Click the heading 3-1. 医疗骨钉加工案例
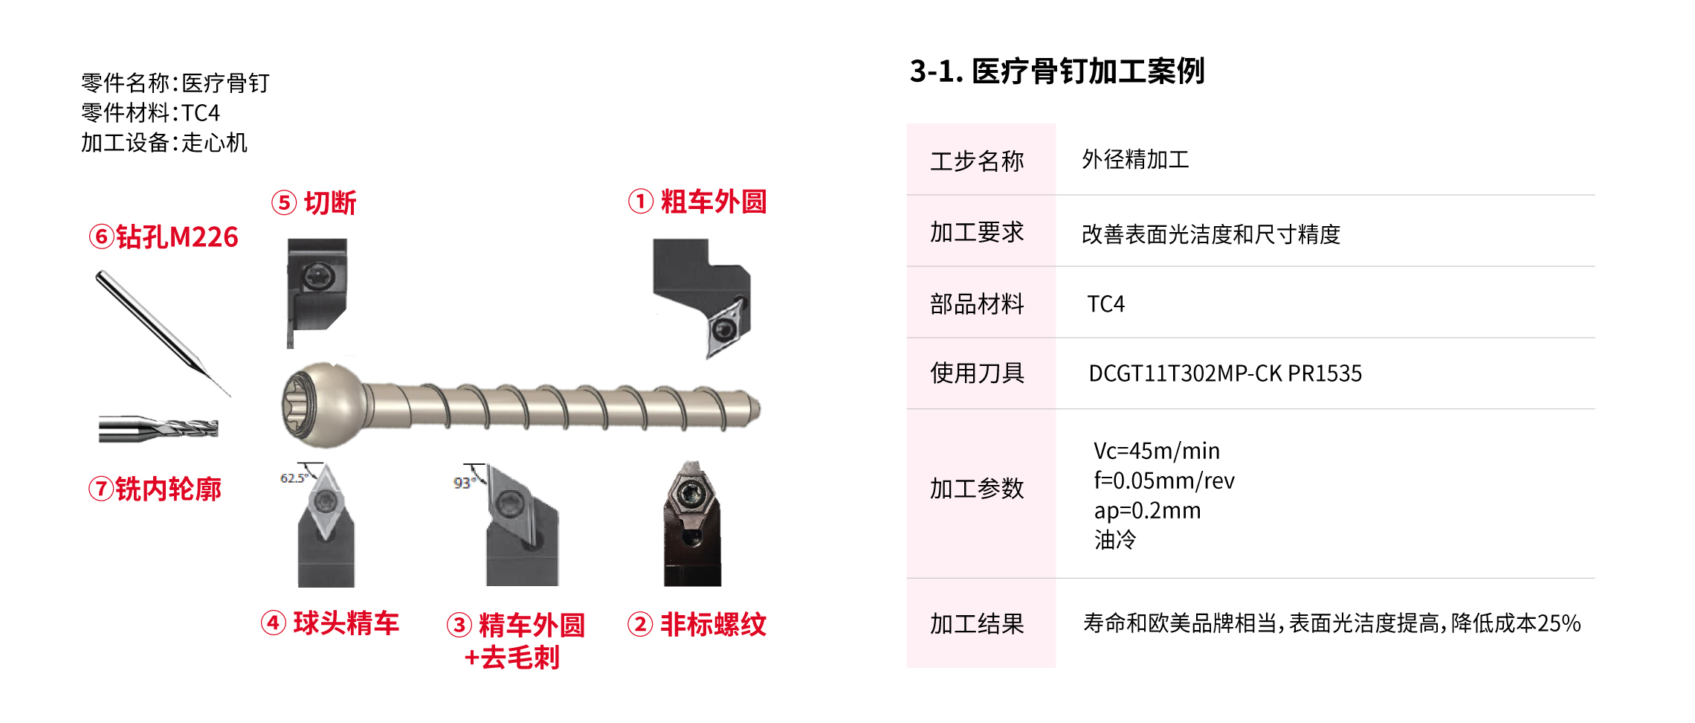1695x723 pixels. (1056, 71)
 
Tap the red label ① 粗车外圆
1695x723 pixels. (697, 202)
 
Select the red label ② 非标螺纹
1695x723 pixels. (697, 624)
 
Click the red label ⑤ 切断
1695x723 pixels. (314, 202)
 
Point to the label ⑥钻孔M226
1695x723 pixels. (164, 237)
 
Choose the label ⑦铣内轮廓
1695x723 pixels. (155, 489)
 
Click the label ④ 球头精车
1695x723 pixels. (330, 623)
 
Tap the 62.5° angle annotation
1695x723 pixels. (294, 478)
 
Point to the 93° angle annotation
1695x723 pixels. (464, 483)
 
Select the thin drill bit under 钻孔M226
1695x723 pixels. (162, 332)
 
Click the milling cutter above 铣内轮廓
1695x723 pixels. (158, 428)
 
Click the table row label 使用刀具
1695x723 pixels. (977, 373)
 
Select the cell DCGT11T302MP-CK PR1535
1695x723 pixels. (1225, 373)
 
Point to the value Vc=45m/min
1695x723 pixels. (1157, 451)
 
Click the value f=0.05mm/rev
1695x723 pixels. (1164, 481)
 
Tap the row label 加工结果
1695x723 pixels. (977, 623)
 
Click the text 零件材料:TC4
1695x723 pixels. (151, 113)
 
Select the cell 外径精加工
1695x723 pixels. (1135, 159)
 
